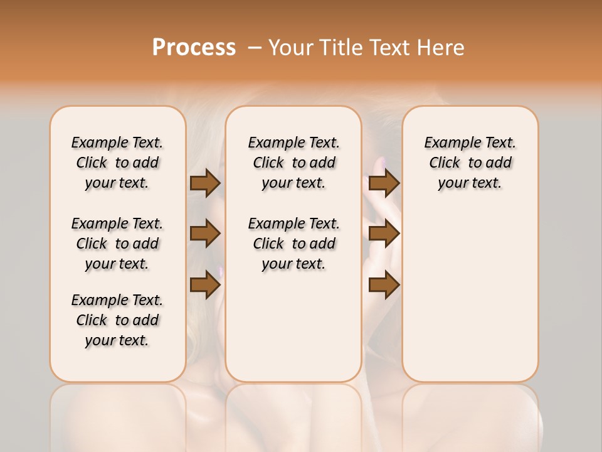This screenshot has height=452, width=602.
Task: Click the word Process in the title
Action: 194,47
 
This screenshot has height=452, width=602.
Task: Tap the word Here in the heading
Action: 440,47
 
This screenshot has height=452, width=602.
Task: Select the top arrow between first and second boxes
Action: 205,183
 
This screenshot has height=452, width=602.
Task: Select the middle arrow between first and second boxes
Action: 205,234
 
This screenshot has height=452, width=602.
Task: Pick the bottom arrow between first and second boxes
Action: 205,285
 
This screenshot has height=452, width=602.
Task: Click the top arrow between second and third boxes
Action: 384,183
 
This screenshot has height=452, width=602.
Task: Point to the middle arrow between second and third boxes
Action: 384,234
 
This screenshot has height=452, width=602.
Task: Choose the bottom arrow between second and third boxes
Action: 384,285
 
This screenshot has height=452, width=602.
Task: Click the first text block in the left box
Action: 117,163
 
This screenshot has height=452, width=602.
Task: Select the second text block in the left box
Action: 117,244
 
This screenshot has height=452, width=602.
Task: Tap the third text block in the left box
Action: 117,320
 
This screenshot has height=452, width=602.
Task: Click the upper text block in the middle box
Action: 294,163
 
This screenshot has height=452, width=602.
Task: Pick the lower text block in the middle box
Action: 294,244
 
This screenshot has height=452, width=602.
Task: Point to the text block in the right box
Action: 470,163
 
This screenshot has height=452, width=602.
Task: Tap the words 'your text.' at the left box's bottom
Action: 117,340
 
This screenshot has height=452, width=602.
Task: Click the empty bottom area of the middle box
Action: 294,333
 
